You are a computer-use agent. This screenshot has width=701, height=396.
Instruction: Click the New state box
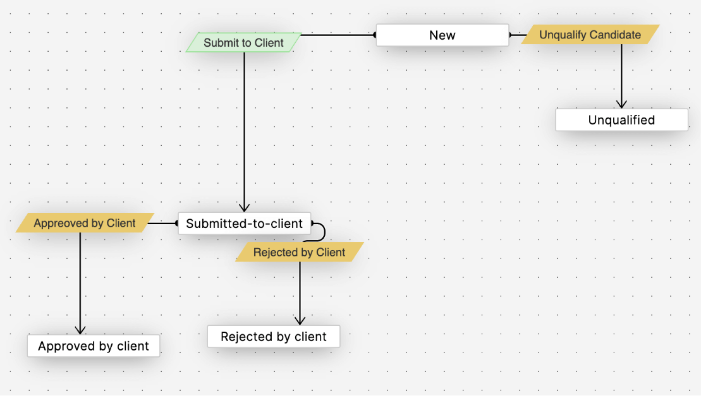coord(442,35)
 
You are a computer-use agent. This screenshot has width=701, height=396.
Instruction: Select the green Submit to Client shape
coord(243,43)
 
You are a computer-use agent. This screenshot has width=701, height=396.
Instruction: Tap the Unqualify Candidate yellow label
coord(590,35)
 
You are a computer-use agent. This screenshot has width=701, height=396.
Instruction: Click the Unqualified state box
coord(621,120)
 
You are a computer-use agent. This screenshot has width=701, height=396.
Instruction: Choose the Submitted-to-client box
coord(244,224)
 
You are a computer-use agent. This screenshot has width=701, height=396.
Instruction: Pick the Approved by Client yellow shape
coord(84,224)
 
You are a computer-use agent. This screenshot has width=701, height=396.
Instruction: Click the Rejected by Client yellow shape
coord(299,253)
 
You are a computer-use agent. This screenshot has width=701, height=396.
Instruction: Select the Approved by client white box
coord(93,346)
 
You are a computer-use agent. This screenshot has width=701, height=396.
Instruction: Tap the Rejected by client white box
coord(273,337)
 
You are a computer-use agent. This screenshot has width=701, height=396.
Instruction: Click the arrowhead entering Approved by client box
coord(80,330)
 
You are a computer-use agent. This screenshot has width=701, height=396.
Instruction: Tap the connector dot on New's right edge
coord(511,35)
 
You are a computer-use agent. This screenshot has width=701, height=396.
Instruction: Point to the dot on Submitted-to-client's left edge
coord(177,223)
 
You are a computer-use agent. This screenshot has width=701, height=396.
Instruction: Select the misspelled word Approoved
coord(56,224)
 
